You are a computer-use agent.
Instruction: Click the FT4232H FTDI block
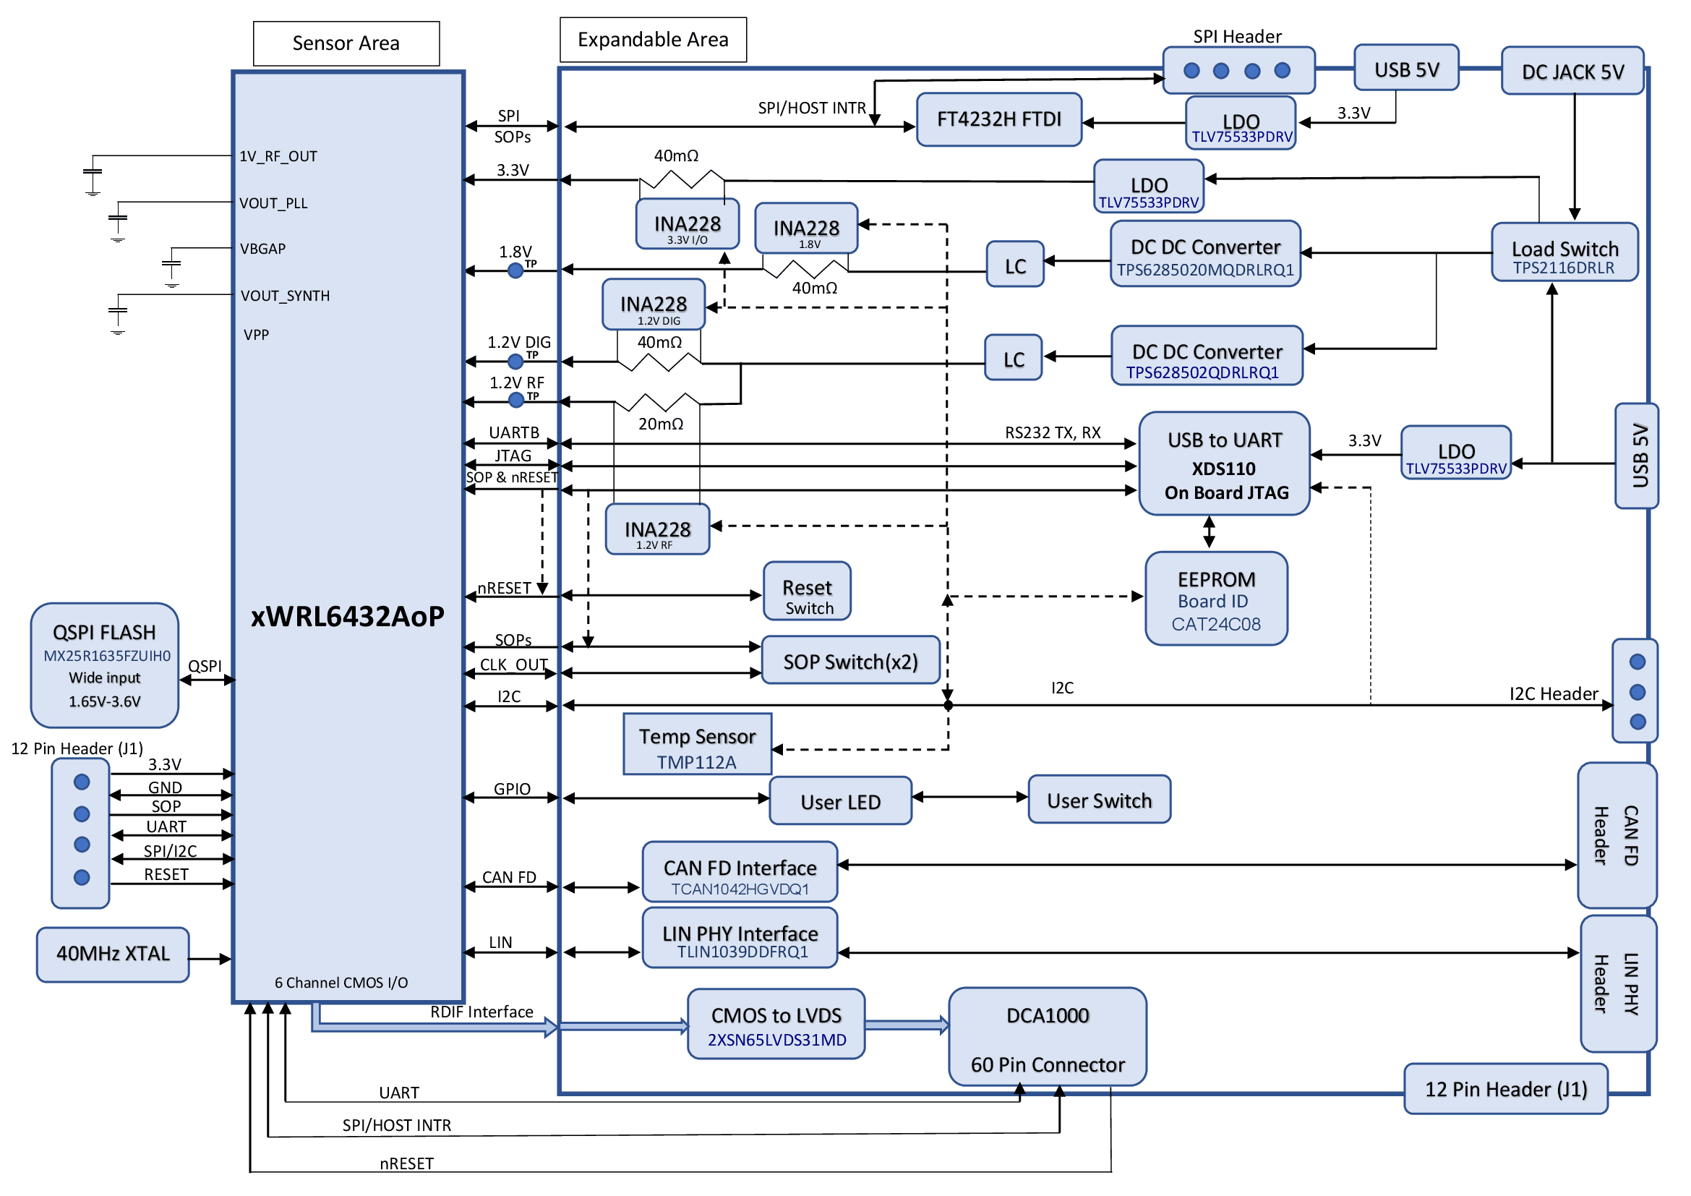point(998,119)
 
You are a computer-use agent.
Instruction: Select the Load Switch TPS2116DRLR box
point(1564,252)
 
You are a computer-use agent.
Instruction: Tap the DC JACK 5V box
point(1572,72)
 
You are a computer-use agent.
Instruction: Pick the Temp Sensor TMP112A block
point(697,745)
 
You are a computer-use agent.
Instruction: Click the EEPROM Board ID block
point(1216,599)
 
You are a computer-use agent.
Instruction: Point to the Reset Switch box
point(808,591)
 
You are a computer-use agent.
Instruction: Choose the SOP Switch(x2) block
point(850,661)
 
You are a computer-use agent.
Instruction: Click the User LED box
point(840,800)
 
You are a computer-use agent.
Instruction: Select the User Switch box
point(1099,799)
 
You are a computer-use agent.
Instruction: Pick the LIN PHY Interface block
point(740,939)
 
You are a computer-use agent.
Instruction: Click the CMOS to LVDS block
point(776,1025)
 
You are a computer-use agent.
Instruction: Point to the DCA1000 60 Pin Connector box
point(1048,1037)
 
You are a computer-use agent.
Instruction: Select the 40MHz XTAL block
point(113,954)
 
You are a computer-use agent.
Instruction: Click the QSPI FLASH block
point(105,666)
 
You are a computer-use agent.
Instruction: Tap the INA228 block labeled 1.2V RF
point(657,529)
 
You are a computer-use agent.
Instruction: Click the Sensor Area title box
point(346,43)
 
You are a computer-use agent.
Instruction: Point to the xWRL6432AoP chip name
point(348,616)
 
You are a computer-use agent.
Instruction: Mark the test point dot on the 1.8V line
point(515,271)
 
